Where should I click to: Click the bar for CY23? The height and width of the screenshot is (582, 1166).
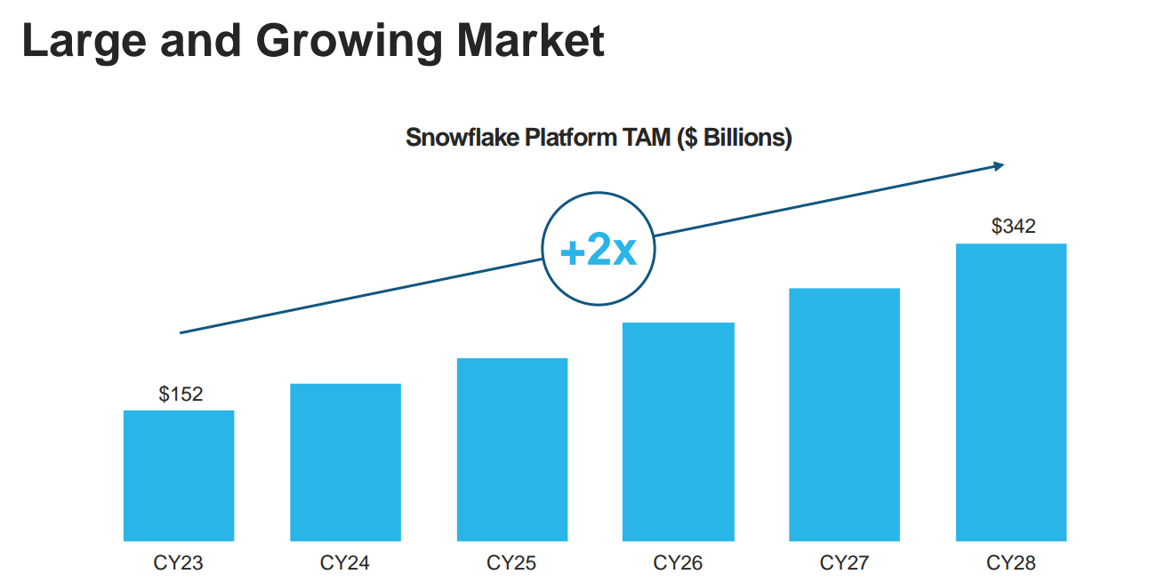pos(179,475)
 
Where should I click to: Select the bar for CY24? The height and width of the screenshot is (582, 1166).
pos(346,462)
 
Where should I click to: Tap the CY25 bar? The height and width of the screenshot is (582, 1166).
pos(512,450)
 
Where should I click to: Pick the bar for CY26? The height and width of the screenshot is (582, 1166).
pos(679,432)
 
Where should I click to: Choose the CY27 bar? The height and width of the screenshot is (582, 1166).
pos(844,415)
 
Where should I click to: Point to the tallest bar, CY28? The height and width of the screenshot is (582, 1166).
pos(1011,392)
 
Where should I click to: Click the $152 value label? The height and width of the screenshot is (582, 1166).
pos(181,394)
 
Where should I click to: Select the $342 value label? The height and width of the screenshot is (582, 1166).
pos(1013,226)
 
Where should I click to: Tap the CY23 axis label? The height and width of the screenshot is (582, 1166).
pos(178,562)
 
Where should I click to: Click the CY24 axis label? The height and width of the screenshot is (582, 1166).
pos(344,562)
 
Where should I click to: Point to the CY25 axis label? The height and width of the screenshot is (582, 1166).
pos(511,562)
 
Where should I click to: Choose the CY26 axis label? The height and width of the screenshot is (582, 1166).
pos(678,562)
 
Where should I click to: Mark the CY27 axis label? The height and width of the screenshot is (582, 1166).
pos(844,562)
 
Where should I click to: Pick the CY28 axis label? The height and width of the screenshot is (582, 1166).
pos(1011,562)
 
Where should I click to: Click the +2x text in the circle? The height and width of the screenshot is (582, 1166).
pos(598,249)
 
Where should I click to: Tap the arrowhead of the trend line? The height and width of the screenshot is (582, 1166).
pos(1000,166)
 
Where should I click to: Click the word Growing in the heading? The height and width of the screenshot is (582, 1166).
pos(350,43)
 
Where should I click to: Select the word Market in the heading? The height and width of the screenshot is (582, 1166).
pos(530,40)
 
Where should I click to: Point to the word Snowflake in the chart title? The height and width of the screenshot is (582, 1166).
pos(462,138)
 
